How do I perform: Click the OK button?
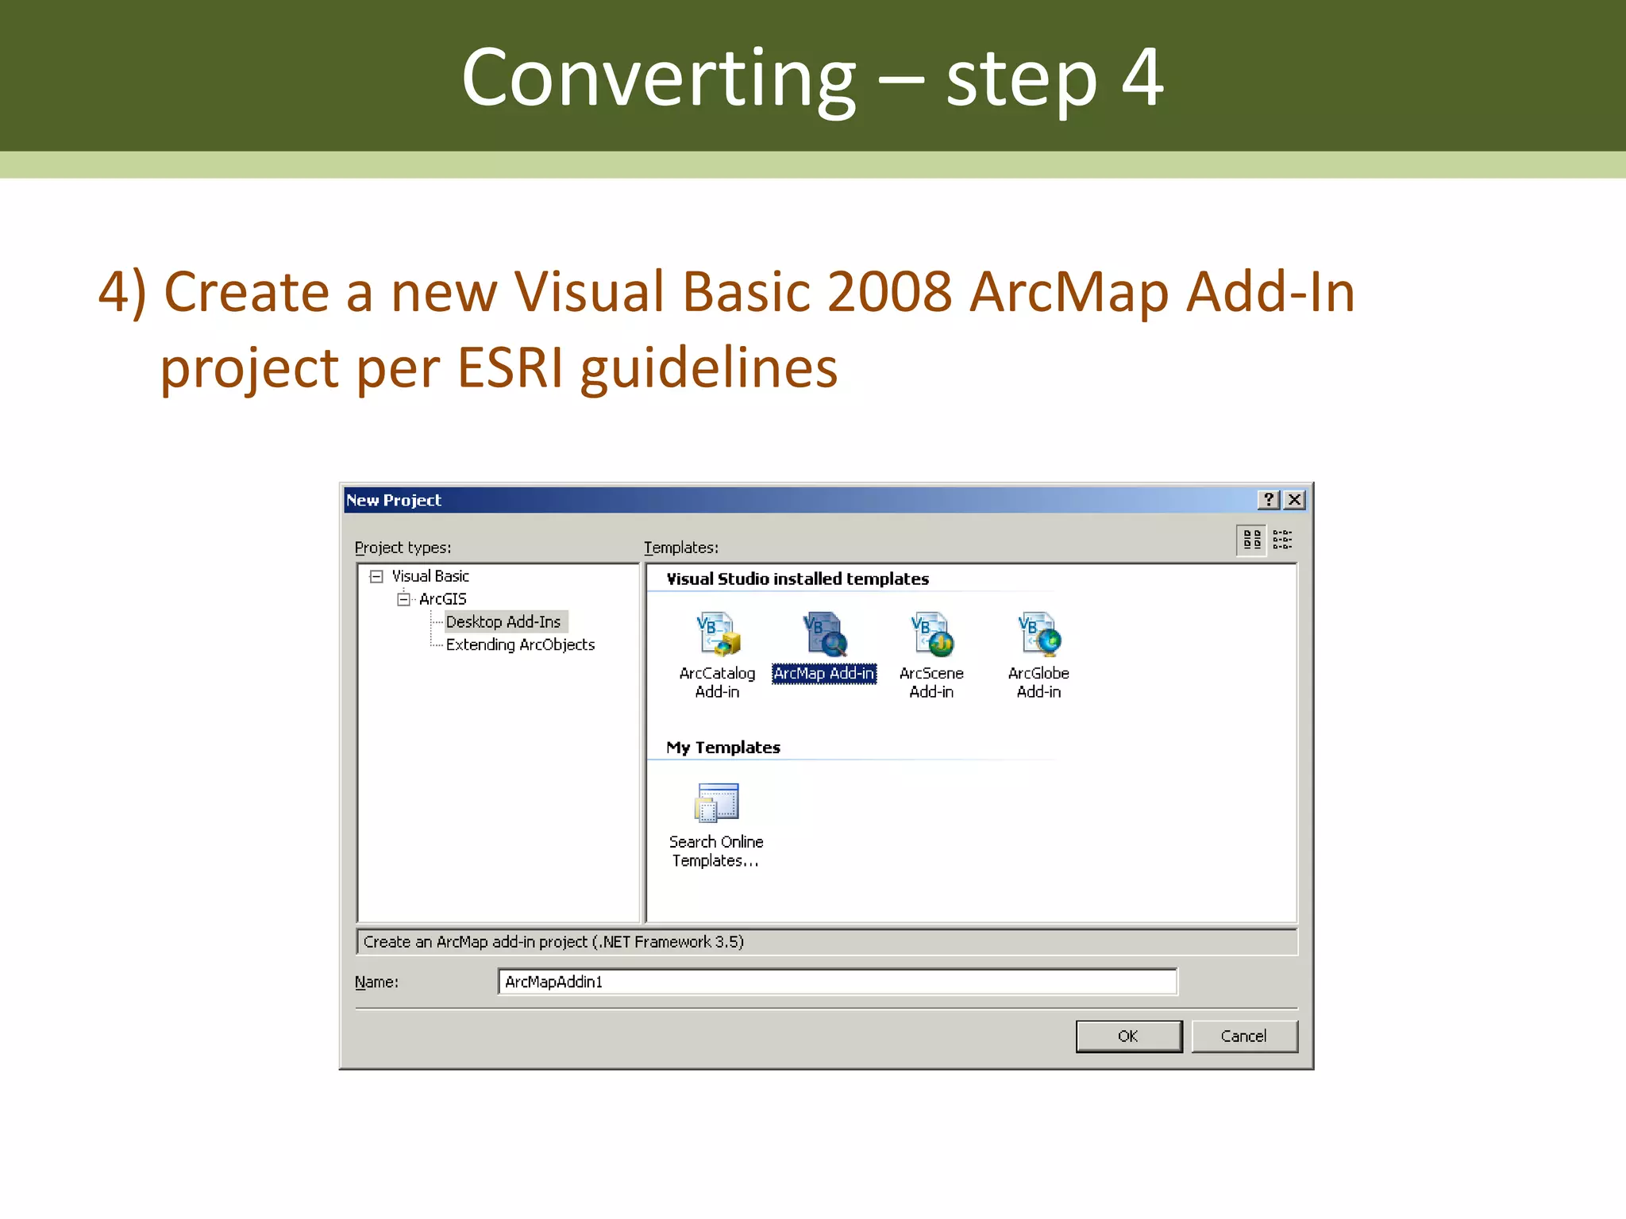1128,1036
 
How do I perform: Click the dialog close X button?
1295,499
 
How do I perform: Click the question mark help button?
1269,499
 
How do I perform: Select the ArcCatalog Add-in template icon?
717,634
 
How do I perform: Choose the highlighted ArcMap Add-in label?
824,673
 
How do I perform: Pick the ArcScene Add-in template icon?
931,634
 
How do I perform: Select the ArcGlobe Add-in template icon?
1038,634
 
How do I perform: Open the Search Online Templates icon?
716,803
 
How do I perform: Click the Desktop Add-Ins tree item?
503,621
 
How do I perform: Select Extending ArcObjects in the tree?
520,644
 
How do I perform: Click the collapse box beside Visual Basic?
376,576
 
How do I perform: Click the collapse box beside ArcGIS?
403,599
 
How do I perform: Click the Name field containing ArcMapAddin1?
837,982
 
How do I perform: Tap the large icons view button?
1252,540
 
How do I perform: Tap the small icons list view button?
1282,540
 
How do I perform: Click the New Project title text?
394,500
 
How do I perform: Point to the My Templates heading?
723,748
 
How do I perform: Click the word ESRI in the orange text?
510,368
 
